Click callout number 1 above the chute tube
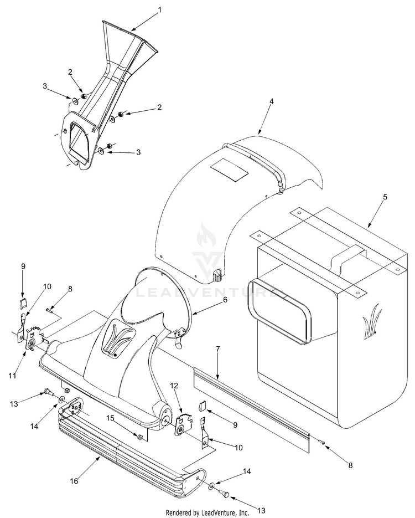click(x=159, y=9)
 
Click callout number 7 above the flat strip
click(x=218, y=349)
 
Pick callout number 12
click(x=173, y=385)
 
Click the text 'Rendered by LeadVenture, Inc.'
click(x=207, y=512)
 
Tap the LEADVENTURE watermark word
click(x=208, y=291)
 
